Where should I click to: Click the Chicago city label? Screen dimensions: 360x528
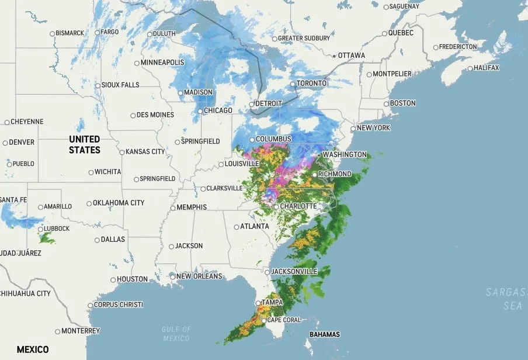pos(218,110)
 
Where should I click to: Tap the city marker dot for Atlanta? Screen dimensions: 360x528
pos(237,227)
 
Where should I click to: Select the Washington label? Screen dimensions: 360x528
pos(345,155)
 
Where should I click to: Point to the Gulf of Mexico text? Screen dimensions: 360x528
pos(176,334)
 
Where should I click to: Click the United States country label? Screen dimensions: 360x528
pos(85,144)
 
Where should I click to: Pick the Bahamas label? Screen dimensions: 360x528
pos(325,335)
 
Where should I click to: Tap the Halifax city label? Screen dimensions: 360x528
pos(487,68)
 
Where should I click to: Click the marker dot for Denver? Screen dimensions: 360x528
pos(5,143)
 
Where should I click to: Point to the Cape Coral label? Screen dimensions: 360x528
pos(284,320)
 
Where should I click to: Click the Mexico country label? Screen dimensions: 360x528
pos(33,349)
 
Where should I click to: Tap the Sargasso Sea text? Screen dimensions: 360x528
pos(506,299)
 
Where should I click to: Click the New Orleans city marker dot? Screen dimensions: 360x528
pos(173,276)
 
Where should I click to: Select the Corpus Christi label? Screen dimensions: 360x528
pos(118,305)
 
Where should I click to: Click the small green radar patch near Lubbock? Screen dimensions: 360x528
pos(47,238)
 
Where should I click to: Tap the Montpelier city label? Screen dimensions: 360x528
pos(392,74)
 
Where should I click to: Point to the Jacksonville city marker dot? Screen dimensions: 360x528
pos(267,272)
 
